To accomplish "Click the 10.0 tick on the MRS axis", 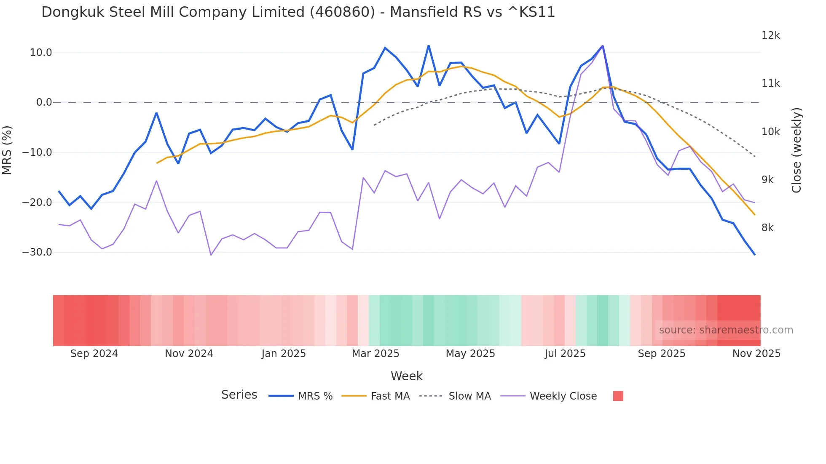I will [x=40, y=53].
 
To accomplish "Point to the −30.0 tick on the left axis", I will [x=37, y=252].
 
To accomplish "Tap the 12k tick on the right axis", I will [x=770, y=35].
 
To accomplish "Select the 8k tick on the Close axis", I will [x=767, y=228].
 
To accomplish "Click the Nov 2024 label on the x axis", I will [x=189, y=354].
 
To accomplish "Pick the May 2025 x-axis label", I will [x=470, y=354].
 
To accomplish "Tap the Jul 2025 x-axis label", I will [x=565, y=354].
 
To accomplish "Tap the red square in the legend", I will [x=618, y=396].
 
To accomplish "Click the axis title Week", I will [x=406, y=376].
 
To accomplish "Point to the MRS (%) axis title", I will [x=7, y=150].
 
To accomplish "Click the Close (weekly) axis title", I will [x=796, y=150].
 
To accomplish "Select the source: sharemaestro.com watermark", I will [x=726, y=330].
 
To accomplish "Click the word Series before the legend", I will [x=239, y=395].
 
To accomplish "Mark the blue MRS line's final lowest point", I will [x=755, y=255].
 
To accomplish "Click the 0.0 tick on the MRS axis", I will [x=44, y=102].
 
